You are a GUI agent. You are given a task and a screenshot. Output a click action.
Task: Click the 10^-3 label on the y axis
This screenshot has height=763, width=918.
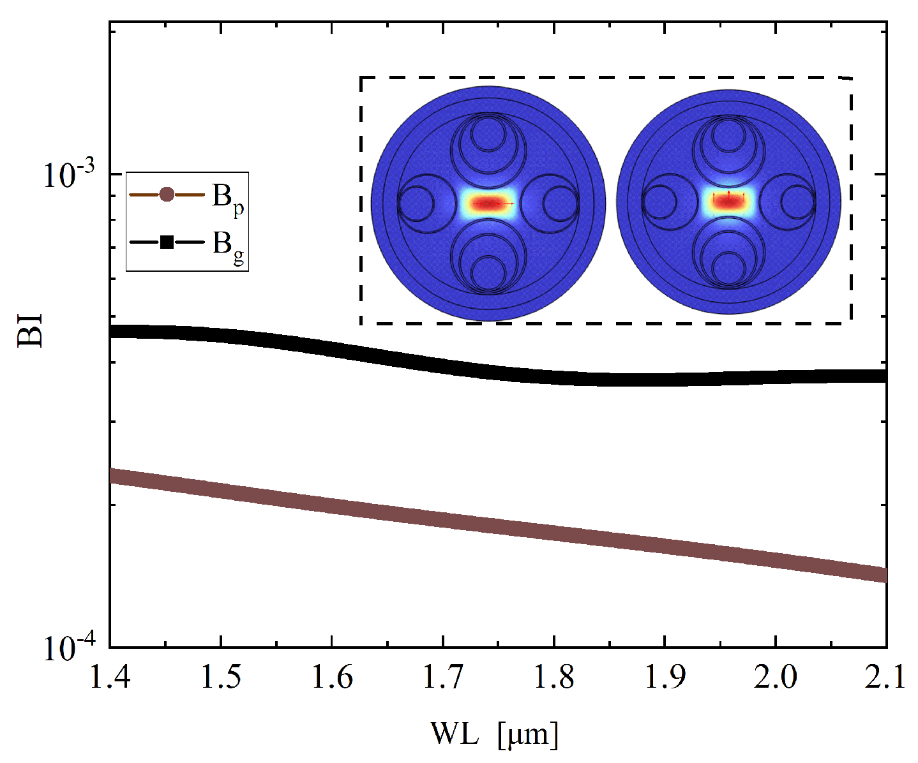pos(68,174)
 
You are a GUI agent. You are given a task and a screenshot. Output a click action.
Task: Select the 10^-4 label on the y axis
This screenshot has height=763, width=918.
pos(68,648)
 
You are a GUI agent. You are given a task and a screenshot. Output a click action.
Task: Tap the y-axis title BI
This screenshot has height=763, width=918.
pos(30,330)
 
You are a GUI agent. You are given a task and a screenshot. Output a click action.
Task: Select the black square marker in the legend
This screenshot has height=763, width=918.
pos(167,242)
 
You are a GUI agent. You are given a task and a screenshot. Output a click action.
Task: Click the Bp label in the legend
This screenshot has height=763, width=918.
pos(227,198)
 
